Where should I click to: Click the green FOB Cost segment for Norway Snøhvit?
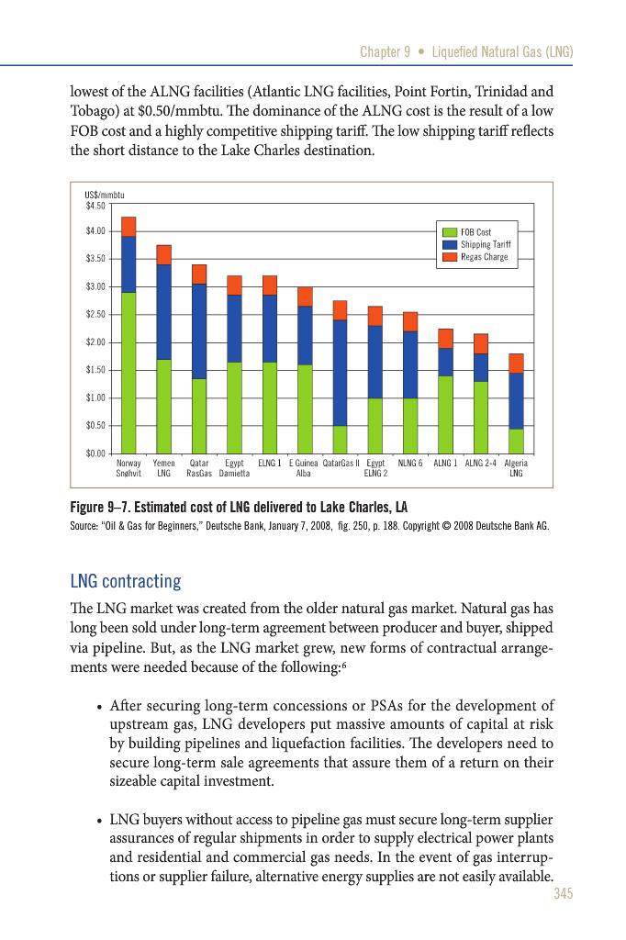pos(129,373)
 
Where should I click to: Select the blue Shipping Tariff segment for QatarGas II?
pos(340,373)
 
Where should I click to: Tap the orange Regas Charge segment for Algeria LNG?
pos(516,364)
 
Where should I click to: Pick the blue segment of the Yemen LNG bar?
pos(164,312)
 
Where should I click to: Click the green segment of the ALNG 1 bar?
pos(445,414)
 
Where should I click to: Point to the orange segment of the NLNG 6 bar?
pos(410,321)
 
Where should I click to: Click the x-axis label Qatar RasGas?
pos(199,468)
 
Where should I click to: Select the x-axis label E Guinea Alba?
pos(303,468)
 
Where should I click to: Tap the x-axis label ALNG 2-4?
pos(481,464)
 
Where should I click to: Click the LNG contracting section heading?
pos(126,582)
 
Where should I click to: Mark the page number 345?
pos(563,894)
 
